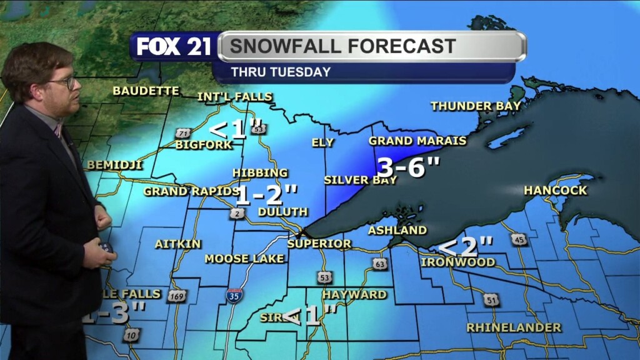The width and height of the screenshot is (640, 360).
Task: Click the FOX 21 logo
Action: [174, 47]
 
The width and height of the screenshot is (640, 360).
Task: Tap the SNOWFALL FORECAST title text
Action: [342, 46]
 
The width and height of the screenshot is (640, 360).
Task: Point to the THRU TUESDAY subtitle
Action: [281, 72]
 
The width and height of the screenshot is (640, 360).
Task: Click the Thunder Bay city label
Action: [476, 106]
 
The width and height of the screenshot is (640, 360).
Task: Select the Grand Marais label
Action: [417, 141]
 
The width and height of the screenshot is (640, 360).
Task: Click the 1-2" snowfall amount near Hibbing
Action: [266, 195]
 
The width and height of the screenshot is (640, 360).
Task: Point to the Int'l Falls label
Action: [235, 97]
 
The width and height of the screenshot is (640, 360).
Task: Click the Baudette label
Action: [146, 91]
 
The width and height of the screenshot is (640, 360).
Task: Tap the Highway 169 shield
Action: [177, 296]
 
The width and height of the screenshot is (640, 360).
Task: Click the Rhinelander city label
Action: [514, 327]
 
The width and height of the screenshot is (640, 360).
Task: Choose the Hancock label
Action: [556, 190]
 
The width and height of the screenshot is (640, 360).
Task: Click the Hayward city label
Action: [354, 294]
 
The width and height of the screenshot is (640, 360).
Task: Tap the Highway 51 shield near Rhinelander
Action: [492, 301]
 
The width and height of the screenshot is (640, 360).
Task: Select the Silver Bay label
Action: [360, 180]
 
